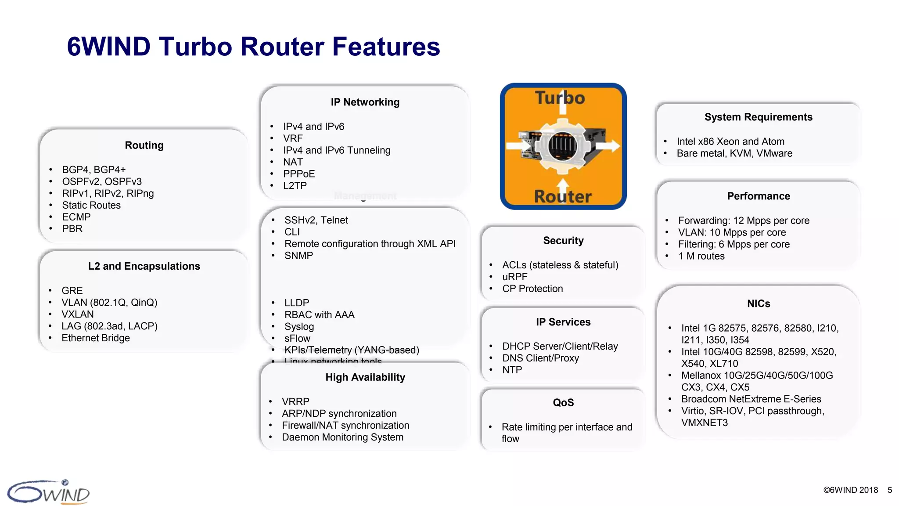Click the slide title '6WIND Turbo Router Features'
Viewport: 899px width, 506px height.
point(253,47)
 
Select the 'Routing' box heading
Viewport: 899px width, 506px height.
point(144,145)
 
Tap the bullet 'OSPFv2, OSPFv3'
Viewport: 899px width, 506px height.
point(102,181)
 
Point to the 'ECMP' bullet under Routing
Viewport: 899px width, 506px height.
point(76,217)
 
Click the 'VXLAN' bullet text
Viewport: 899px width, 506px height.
point(78,314)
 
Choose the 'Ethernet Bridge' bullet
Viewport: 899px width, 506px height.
point(96,338)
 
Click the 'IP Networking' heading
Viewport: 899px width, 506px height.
point(365,102)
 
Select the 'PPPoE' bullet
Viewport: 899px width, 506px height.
point(299,174)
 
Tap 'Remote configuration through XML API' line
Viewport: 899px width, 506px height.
point(370,244)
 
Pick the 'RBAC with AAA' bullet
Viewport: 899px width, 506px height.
point(319,314)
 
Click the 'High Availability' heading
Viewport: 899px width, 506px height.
point(365,377)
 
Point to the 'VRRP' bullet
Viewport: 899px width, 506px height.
point(295,401)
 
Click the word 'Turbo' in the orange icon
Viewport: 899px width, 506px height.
point(560,98)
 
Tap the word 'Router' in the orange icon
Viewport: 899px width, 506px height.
point(563,196)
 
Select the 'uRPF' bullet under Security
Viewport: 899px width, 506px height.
point(514,277)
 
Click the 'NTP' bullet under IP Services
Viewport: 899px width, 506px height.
point(512,370)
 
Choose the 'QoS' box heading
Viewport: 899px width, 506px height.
point(563,403)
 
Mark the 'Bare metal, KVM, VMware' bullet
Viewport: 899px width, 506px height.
point(734,153)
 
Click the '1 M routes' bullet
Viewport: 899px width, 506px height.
point(701,256)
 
